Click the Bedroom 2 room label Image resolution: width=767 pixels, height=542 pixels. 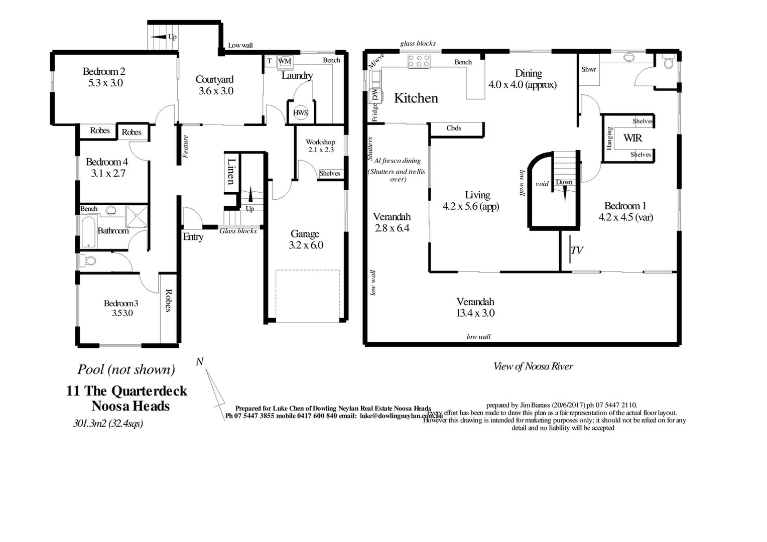(x=104, y=72)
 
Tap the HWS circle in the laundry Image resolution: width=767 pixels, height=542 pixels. (x=300, y=113)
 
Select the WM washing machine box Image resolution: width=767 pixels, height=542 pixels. (x=285, y=61)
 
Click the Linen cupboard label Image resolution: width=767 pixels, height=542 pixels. (x=231, y=172)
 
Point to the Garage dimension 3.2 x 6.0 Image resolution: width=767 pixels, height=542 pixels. (x=306, y=245)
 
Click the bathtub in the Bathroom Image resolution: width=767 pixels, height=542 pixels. (x=89, y=231)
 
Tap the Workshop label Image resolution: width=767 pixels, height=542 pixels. (x=320, y=142)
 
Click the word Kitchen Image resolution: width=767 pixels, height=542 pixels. (x=416, y=98)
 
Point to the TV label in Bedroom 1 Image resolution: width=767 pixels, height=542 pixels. (x=577, y=250)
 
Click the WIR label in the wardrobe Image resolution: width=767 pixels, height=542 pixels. (x=632, y=138)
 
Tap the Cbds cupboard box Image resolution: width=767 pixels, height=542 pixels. (x=454, y=128)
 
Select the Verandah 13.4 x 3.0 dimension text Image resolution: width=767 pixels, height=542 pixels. (x=475, y=313)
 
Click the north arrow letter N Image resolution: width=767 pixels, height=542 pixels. (x=200, y=362)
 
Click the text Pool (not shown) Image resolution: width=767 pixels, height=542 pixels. (x=126, y=370)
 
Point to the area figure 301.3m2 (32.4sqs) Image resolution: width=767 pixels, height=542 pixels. (x=108, y=424)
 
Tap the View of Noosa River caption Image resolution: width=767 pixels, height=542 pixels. (x=533, y=366)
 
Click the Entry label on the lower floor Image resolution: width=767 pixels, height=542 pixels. (x=193, y=237)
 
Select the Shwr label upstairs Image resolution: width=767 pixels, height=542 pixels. (x=588, y=69)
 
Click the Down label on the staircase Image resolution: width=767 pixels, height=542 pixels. (x=564, y=182)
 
